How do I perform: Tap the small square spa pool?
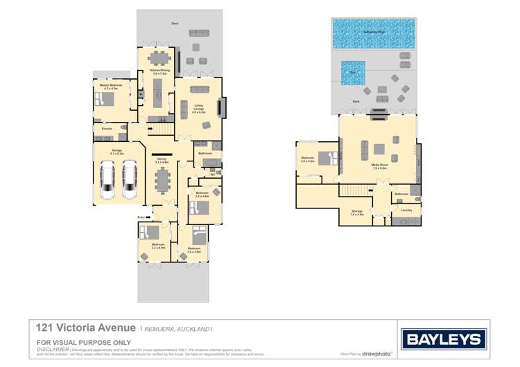(354, 72)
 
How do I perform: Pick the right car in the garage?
(130, 177)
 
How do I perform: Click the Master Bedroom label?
(111, 87)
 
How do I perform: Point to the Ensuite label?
(107, 129)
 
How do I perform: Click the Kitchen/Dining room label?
(160, 71)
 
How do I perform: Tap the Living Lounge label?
(198, 109)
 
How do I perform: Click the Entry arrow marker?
(147, 217)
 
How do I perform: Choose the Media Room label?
(379, 167)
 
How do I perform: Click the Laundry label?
(406, 210)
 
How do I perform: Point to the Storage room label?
(357, 213)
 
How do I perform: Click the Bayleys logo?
(444, 339)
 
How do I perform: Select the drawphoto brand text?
(376, 354)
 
